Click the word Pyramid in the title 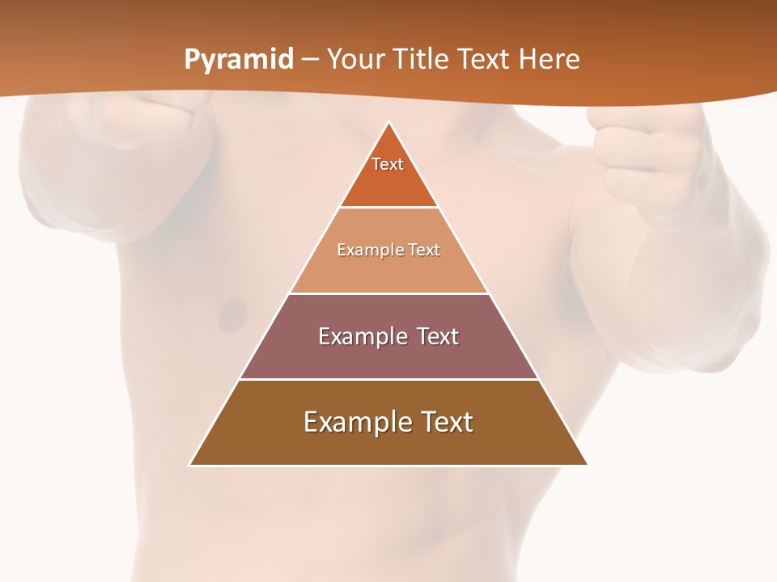(239, 60)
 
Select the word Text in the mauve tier (437, 336)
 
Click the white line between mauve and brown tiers (388, 379)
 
